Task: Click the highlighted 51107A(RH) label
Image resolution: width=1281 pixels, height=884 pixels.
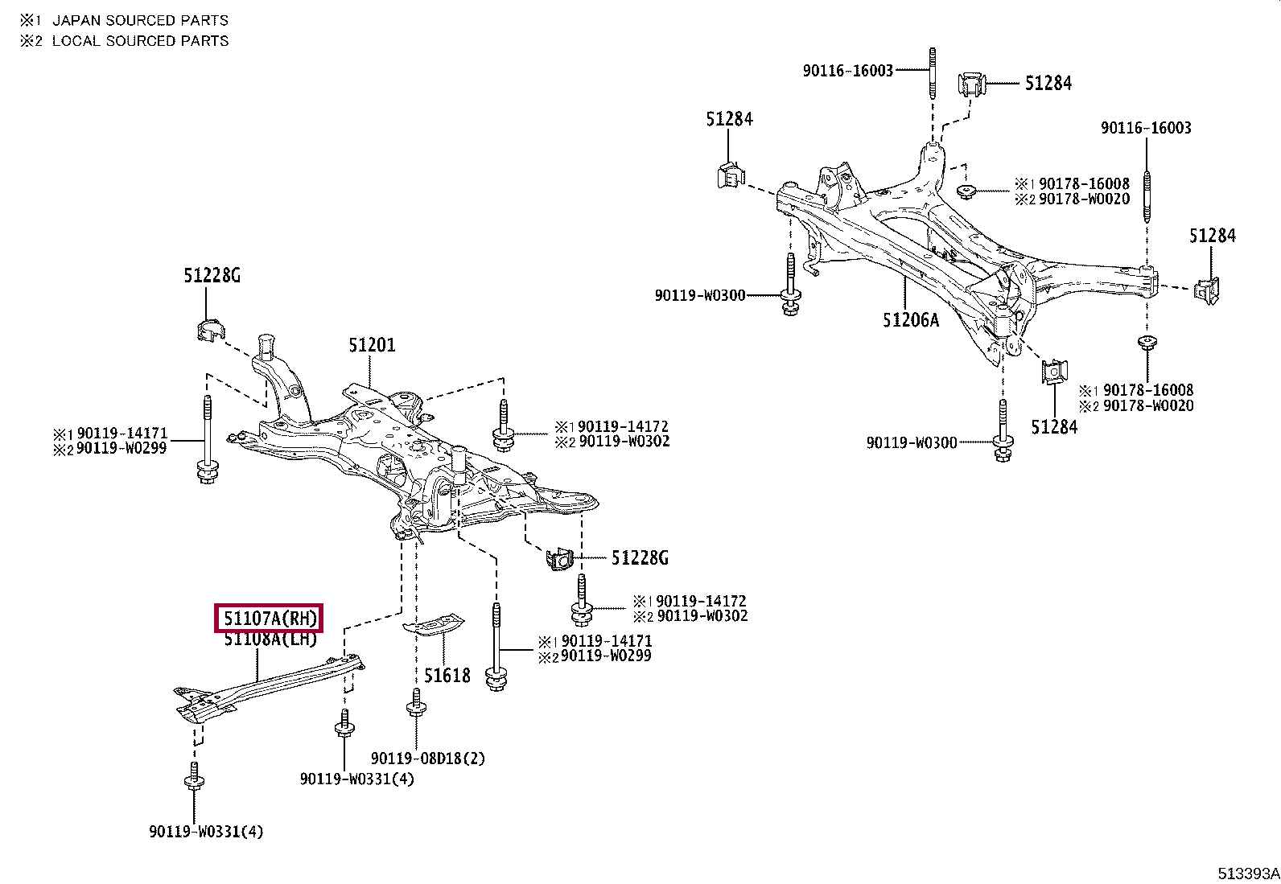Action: coord(268,619)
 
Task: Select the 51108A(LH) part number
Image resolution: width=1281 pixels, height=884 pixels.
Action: coord(270,639)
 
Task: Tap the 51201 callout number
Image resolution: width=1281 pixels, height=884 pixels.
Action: coord(372,345)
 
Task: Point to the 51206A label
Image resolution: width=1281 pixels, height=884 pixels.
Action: coord(910,320)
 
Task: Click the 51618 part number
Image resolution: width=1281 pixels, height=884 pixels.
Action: coord(447,676)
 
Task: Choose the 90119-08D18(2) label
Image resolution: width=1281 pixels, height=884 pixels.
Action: coord(428,758)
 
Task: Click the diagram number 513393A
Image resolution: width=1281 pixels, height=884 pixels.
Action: coord(1247,874)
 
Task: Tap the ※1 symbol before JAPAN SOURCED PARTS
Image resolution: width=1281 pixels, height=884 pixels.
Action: coord(31,20)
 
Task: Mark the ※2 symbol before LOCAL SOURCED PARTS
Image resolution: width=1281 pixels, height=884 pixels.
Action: coord(31,40)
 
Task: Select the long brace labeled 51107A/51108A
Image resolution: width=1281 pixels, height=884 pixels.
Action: coord(266,689)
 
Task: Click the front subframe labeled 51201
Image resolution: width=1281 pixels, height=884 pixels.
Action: coord(402,458)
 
